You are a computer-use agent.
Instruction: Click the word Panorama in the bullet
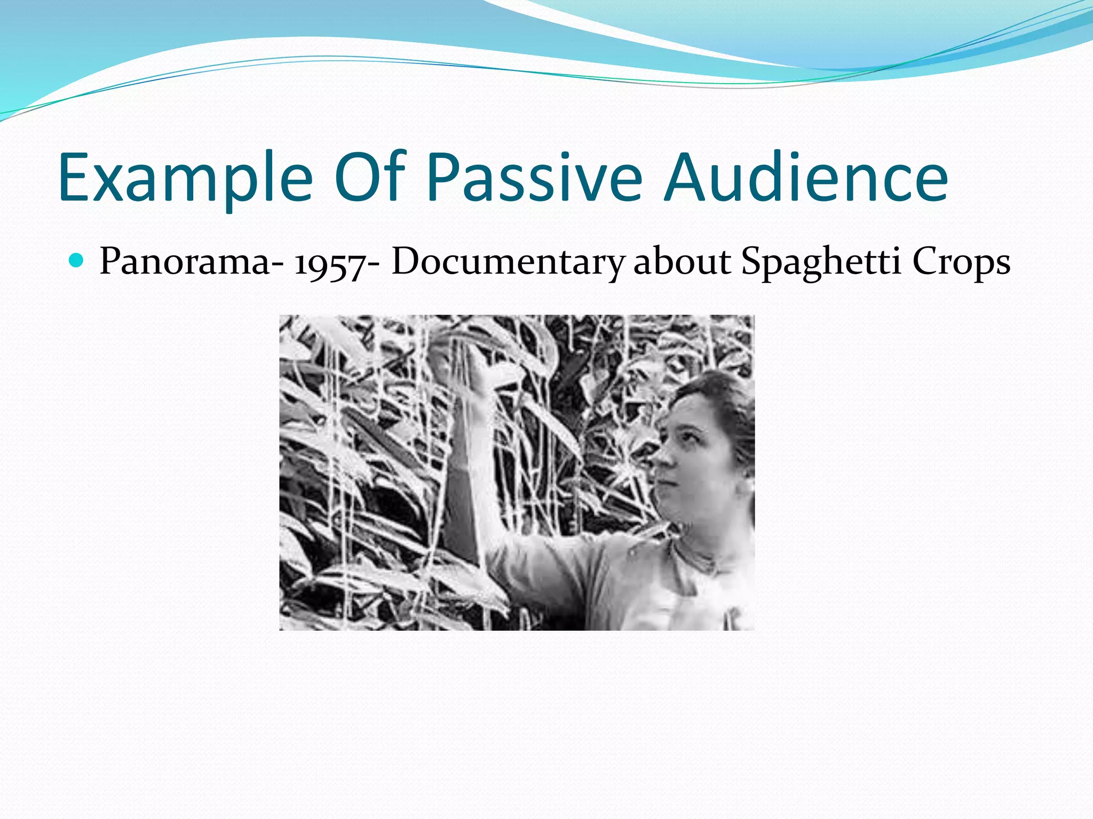tap(185, 262)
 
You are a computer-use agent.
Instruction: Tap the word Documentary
tap(507, 262)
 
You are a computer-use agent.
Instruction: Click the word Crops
tap(961, 262)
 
